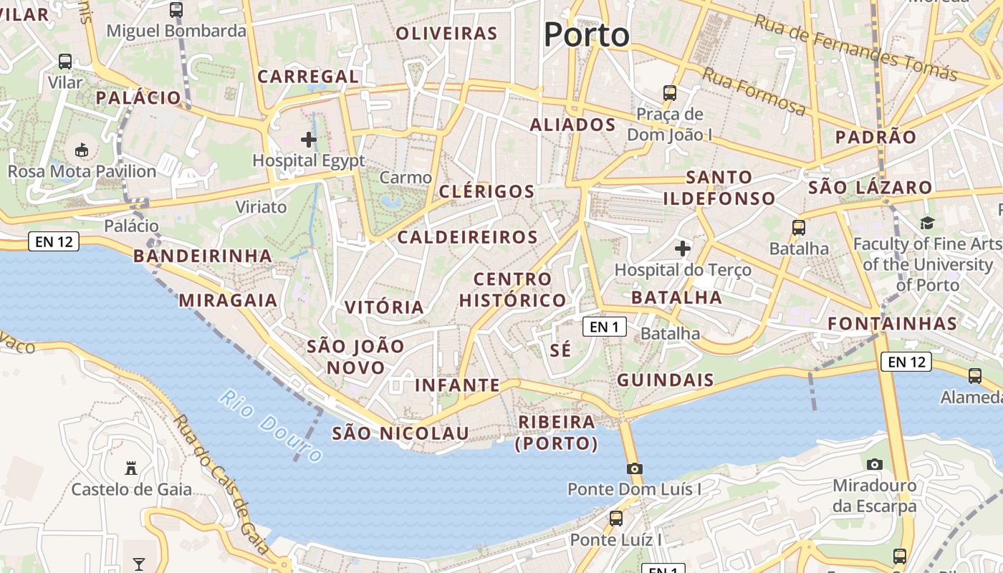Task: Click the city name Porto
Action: [586, 34]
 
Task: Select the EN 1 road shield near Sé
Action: [604, 327]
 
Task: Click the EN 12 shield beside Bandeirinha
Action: [54, 241]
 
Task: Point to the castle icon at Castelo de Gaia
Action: [131, 468]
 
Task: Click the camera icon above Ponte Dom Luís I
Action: [634, 468]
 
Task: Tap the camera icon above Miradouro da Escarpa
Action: [874, 464]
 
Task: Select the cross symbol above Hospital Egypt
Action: [309, 139]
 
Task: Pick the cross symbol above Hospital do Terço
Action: [683, 249]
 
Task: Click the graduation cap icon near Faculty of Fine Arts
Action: [927, 223]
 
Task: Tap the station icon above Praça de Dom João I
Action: [670, 92]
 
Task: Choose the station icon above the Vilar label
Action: [65, 62]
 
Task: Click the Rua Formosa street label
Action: [754, 91]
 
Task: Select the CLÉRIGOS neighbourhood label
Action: [486, 191]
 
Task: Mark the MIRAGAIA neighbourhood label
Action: [228, 300]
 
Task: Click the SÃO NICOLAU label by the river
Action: [400, 433]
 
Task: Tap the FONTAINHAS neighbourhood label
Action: [892, 323]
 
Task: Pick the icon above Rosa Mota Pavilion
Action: [82, 150]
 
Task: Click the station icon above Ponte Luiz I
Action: [615, 518]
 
